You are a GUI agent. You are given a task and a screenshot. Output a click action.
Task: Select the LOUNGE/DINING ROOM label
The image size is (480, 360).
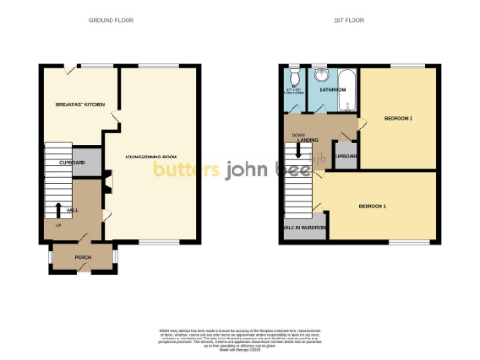[152, 157]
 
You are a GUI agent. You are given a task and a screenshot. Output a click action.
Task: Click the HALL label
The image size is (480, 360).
[71, 210]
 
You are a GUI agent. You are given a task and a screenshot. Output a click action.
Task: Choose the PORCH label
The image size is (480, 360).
[82, 256]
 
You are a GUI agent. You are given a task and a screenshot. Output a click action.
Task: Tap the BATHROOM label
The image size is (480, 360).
[333, 90]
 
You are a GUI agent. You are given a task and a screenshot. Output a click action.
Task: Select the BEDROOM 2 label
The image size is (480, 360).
[398, 118]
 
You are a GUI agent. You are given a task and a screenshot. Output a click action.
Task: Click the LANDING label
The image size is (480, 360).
[307, 141]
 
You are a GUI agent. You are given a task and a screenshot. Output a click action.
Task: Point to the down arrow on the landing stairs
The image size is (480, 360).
[299, 146]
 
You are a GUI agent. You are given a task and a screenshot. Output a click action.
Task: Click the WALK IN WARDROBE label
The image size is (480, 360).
[301, 227]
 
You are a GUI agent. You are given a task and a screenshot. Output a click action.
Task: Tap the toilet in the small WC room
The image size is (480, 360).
[293, 78]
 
